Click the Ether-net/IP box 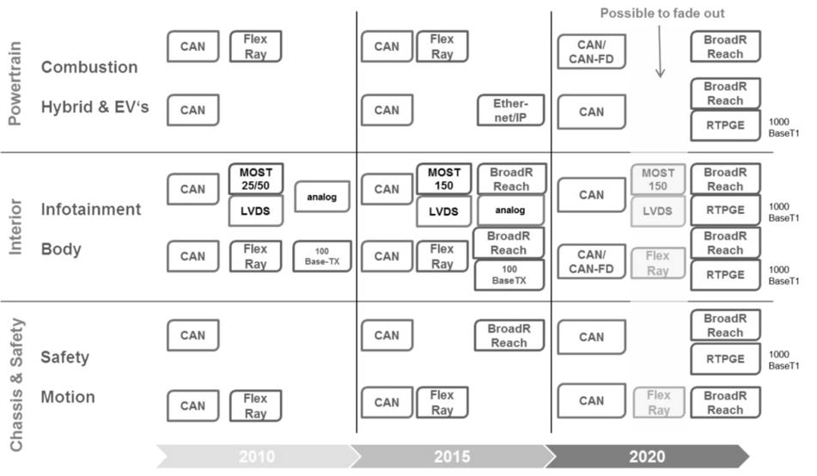[x=510, y=110]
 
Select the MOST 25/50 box [x=256, y=179]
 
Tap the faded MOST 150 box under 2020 [x=657, y=180]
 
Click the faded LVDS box [x=657, y=211]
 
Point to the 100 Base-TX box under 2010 [x=322, y=256]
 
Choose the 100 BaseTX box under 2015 [x=509, y=275]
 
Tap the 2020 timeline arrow [x=648, y=456]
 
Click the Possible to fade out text [x=662, y=13]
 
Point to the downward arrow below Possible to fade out [x=660, y=52]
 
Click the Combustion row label [x=89, y=67]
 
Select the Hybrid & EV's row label [x=95, y=107]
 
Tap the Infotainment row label [x=91, y=209]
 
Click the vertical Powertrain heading [x=15, y=83]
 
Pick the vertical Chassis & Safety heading [x=16, y=384]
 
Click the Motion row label [x=68, y=397]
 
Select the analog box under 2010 [x=321, y=197]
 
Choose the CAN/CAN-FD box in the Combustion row [x=591, y=52]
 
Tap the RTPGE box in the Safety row [x=725, y=358]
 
